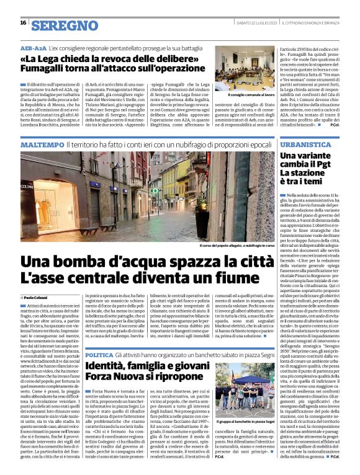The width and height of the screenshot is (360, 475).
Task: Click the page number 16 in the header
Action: click(23, 23)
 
